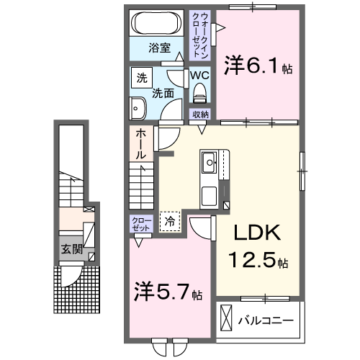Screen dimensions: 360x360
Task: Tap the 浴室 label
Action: point(160,48)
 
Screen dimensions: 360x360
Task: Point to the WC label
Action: point(199,74)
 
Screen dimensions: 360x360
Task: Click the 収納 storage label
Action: point(200,114)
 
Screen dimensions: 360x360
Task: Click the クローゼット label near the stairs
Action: point(141,224)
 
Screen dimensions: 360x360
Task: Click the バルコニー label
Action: point(266,318)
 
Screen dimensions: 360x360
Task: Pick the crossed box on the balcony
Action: point(226,318)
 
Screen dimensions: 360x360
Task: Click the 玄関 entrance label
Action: point(70,250)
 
